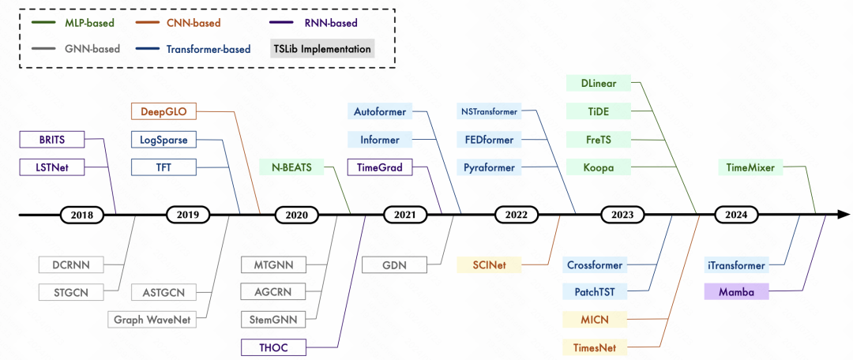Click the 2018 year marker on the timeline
[x=81, y=214]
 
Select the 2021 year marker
[x=404, y=214]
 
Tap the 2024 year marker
[x=735, y=214]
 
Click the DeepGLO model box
[x=163, y=112]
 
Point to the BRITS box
[x=51, y=140]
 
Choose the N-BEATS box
[x=291, y=167]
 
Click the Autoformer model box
[x=380, y=112]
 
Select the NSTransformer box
[x=490, y=112]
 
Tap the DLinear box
[x=599, y=84]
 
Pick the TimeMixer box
[x=756, y=167]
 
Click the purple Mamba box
[x=736, y=292]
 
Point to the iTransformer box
[x=736, y=265]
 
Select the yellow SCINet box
[x=490, y=265]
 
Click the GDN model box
[x=394, y=265]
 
